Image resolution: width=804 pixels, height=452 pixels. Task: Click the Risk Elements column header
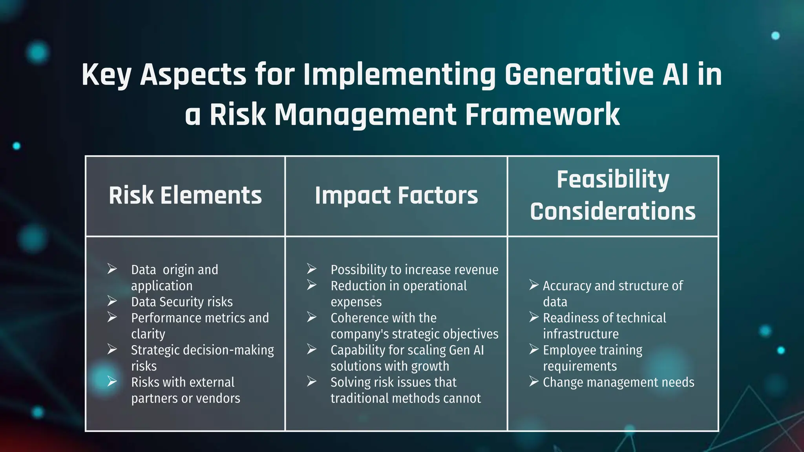pos(185,195)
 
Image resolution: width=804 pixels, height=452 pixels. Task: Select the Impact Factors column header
pos(396,195)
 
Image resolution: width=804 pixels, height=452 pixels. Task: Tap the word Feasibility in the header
pos(612,179)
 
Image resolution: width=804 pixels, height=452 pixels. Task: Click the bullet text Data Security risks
pos(182,302)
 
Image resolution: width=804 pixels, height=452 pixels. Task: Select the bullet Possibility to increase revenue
pos(414,270)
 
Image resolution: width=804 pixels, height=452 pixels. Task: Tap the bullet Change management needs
pos(618,382)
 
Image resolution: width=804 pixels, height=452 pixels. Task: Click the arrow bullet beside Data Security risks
pos(112,301)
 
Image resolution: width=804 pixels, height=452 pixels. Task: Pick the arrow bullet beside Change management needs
pos(534,381)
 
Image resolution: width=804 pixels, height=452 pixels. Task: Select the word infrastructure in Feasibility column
pos(581,334)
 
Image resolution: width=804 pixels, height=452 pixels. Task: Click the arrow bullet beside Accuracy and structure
pos(534,285)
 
